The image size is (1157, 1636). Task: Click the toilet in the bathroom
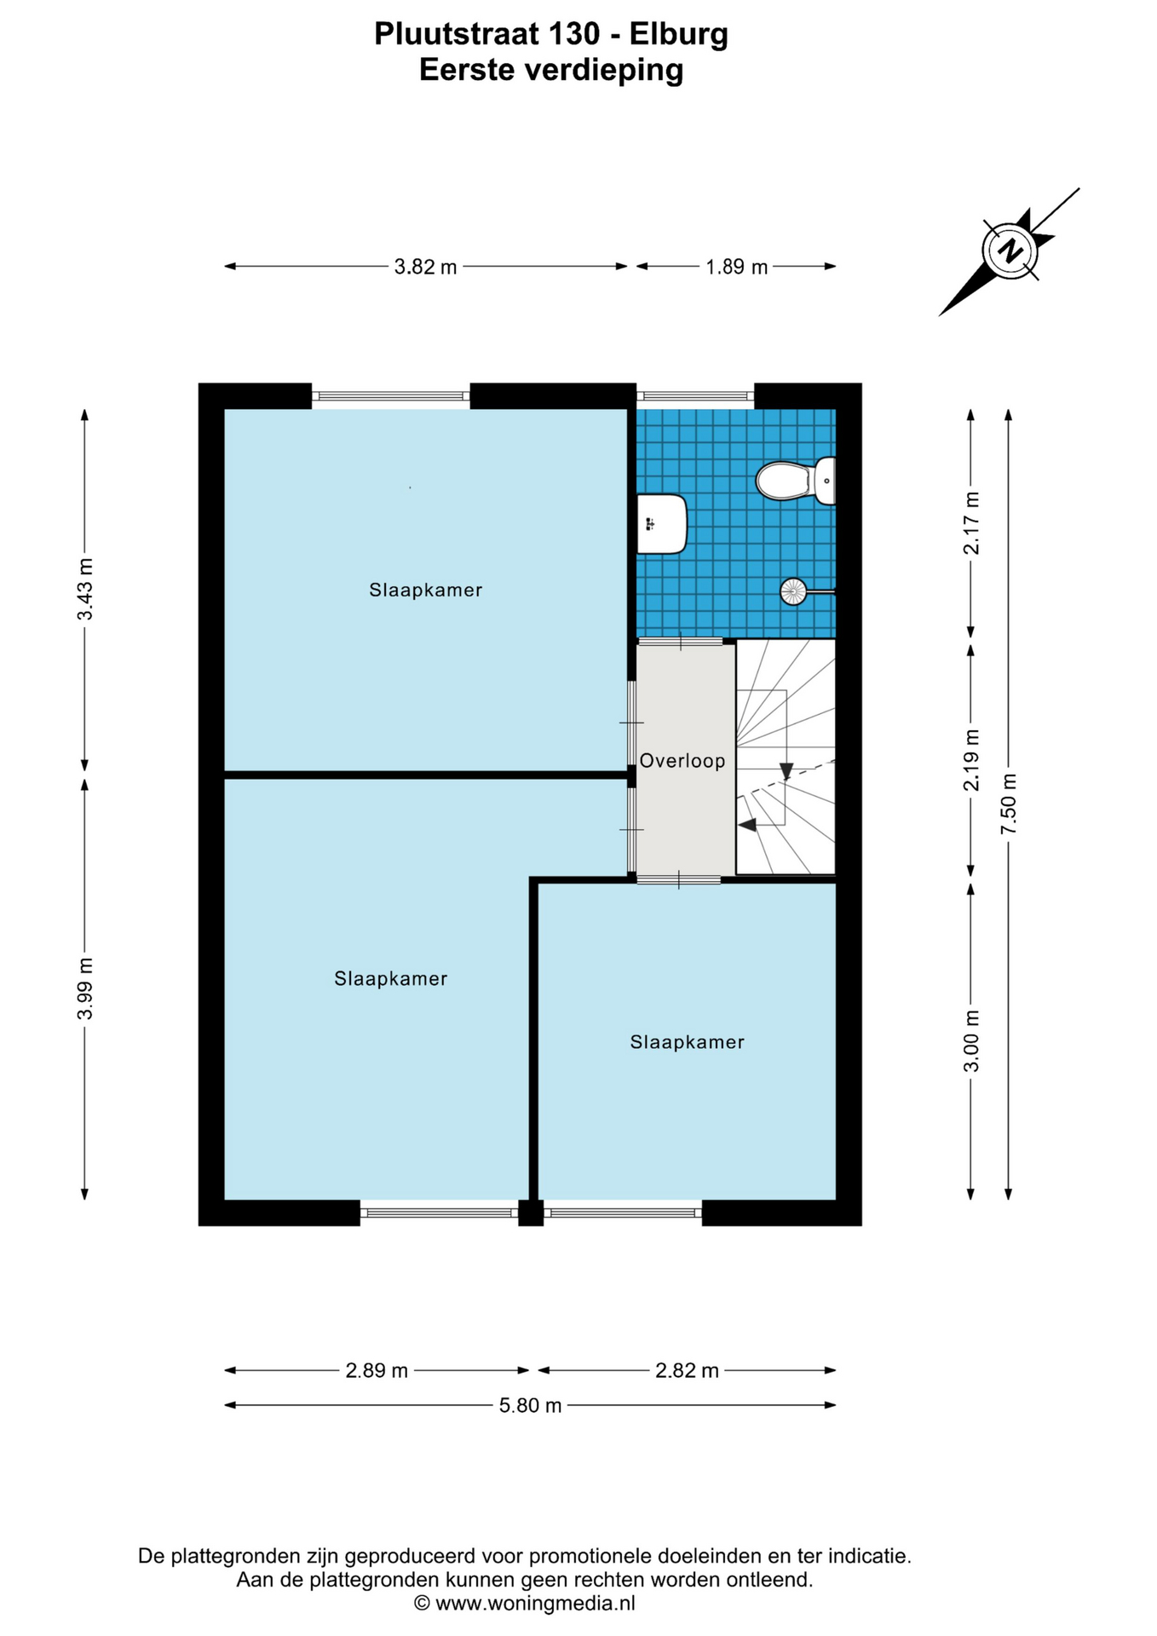click(796, 481)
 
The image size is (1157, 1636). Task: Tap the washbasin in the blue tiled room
click(662, 523)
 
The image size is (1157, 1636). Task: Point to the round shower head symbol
click(793, 591)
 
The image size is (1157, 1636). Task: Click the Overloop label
click(682, 761)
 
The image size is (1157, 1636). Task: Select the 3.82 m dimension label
click(425, 267)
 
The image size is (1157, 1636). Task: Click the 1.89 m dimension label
click(736, 267)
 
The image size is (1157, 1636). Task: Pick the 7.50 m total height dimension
click(1009, 804)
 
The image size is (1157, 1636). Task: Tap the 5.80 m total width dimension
click(530, 1405)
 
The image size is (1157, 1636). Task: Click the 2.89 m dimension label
click(377, 1370)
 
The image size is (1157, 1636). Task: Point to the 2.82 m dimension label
click(687, 1370)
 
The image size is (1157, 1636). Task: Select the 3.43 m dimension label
click(84, 590)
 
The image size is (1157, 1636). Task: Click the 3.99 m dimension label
click(84, 988)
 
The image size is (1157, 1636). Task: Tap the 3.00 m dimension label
click(971, 1041)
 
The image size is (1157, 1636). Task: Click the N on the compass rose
click(1011, 251)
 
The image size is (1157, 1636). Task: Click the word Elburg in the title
click(678, 34)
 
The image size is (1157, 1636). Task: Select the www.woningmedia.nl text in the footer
click(535, 1603)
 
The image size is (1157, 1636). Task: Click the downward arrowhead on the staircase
click(786, 770)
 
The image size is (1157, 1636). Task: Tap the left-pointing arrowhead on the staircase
click(747, 825)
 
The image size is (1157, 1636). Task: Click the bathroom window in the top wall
click(695, 395)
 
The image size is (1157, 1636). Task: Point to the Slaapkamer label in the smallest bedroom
click(688, 1042)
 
